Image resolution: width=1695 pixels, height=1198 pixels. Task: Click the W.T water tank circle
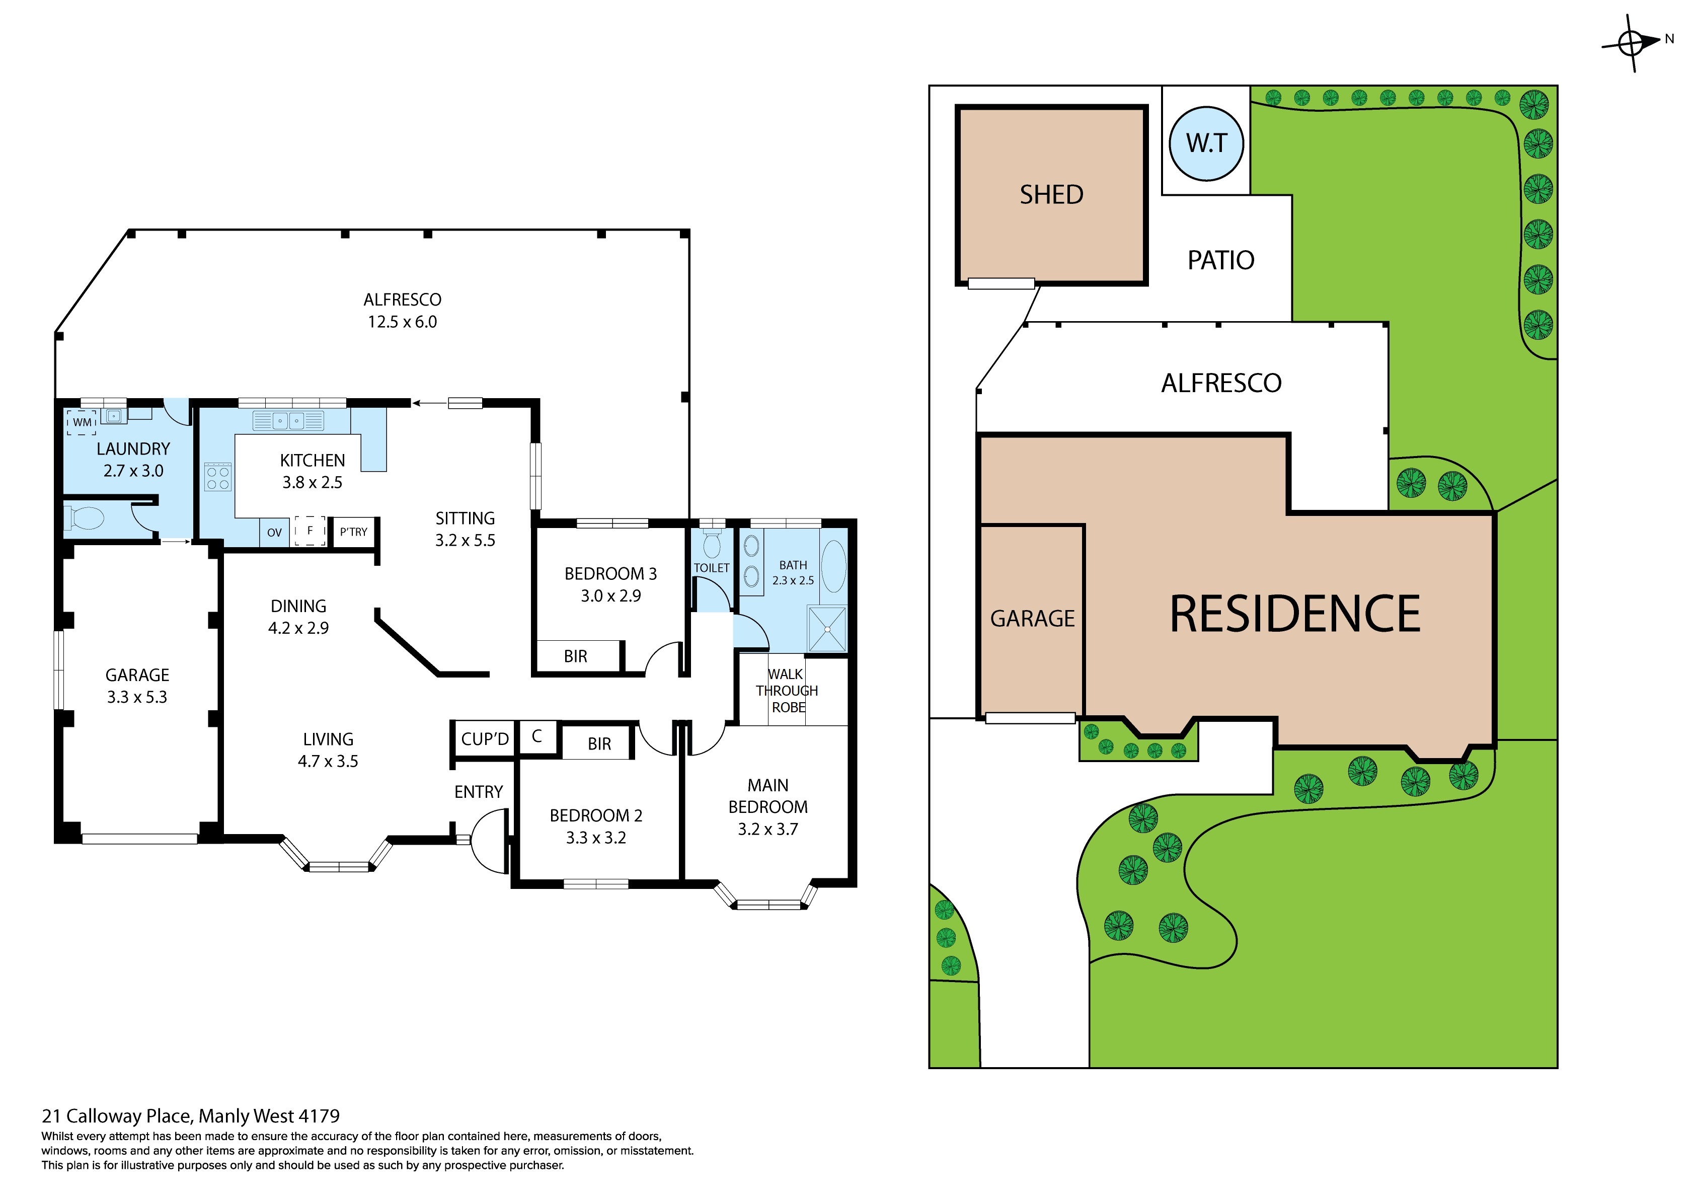coord(1206,144)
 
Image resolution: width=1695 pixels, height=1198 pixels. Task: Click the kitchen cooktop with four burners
coord(218,477)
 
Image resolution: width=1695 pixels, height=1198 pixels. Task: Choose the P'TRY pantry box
coord(354,532)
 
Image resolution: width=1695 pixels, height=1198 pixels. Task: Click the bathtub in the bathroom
coord(833,566)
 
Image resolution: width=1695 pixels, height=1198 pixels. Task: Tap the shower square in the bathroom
coord(827,629)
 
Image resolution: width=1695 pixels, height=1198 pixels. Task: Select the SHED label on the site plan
coord(1051,195)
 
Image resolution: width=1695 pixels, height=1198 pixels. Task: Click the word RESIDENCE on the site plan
coord(1295,615)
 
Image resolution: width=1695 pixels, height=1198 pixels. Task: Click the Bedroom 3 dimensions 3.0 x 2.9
coord(610,596)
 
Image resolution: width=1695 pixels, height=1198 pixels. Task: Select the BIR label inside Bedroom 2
coord(599,744)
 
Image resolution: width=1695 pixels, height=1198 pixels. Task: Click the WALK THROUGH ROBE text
coord(787,691)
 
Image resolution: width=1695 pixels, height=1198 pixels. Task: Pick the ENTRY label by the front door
coord(479,792)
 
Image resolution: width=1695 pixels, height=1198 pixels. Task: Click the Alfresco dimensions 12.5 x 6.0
coord(402,322)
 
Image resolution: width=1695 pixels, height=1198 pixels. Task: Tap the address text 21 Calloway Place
coord(190,1116)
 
